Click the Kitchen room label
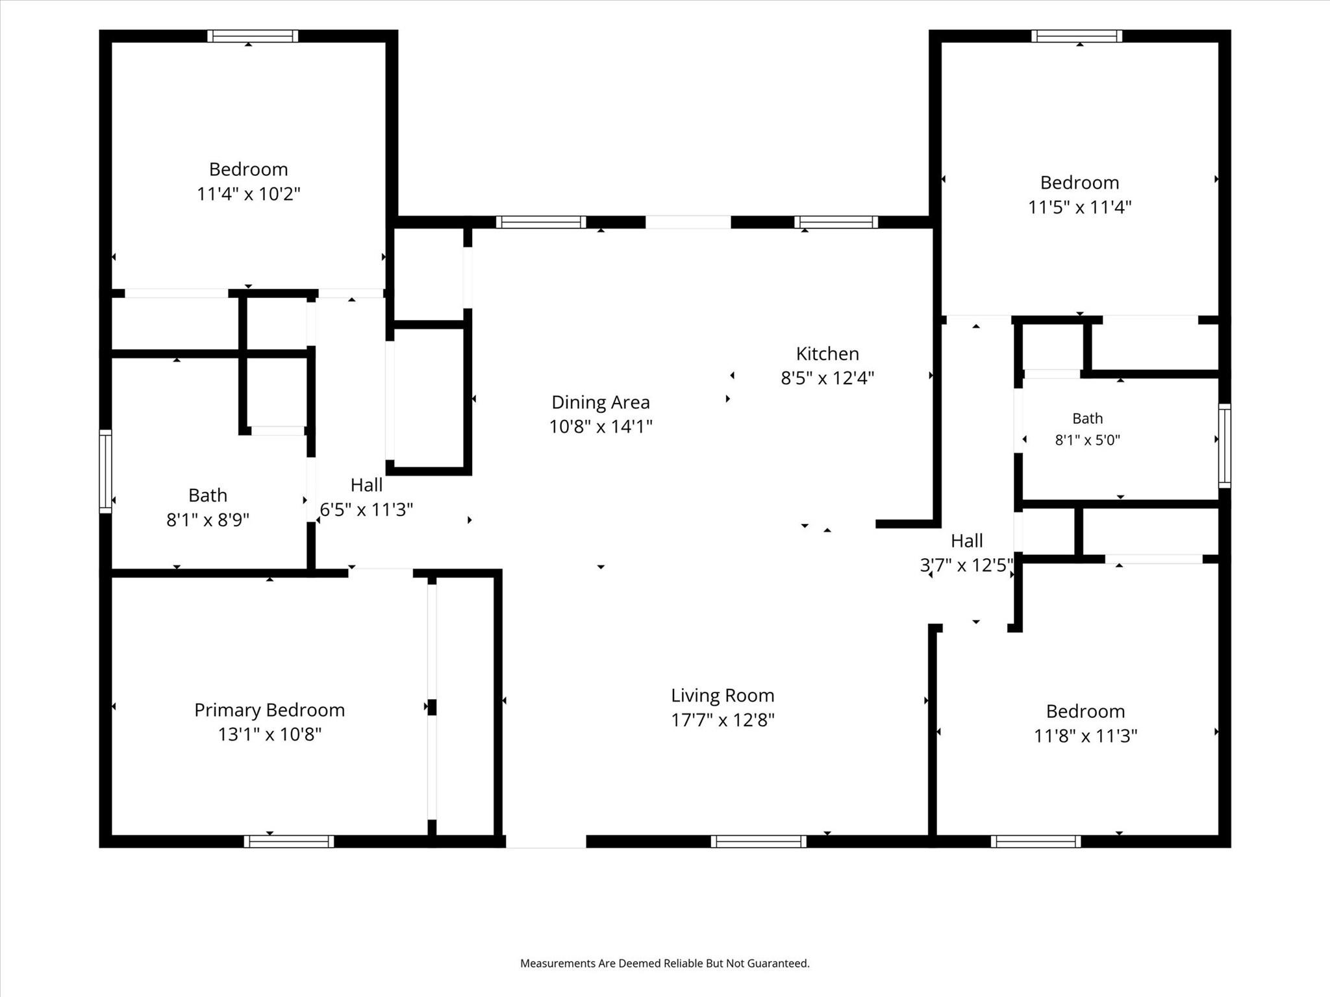click(827, 354)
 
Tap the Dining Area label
click(601, 402)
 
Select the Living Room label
click(723, 696)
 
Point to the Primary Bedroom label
click(270, 710)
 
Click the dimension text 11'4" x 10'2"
click(249, 193)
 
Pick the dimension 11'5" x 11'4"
click(1079, 207)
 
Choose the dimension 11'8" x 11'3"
click(1086, 736)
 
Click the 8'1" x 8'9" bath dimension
click(208, 520)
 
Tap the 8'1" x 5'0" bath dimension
click(1088, 440)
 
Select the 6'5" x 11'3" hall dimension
click(366, 510)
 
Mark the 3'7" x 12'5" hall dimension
click(966, 565)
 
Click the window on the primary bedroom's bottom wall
click(289, 841)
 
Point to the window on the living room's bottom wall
click(759, 841)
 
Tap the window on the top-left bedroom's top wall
click(253, 36)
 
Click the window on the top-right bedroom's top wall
click(1077, 36)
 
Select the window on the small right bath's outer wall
click(1224, 445)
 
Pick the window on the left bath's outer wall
click(105, 471)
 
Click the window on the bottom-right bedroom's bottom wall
click(1036, 841)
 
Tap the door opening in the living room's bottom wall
click(546, 841)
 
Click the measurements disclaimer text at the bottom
click(665, 963)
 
